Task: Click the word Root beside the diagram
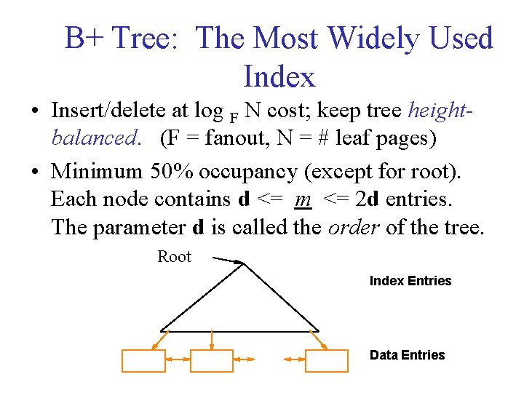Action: pyautogui.click(x=174, y=257)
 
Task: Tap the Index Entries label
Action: pyautogui.click(x=410, y=281)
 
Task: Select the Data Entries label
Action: pyautogui.click(x=407, y=355)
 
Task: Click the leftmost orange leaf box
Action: pyautogui.click(x=143, y=360)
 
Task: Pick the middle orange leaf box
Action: pyautogui.click(x=211, y=360)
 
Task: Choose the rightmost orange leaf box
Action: pyautogui.click(x=326, y=360)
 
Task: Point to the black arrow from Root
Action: pyautogui.click(x=226, y=260)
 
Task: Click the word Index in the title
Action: pyautogui.click(x=279, y=76)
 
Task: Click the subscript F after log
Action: pyautogui.click(x=233, y=116)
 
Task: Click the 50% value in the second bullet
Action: pyautogui.click(x=172, y=172)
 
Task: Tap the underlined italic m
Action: pyautogui.click(x=303, y=199)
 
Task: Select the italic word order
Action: pyautogui.click(x=353, y=227)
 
